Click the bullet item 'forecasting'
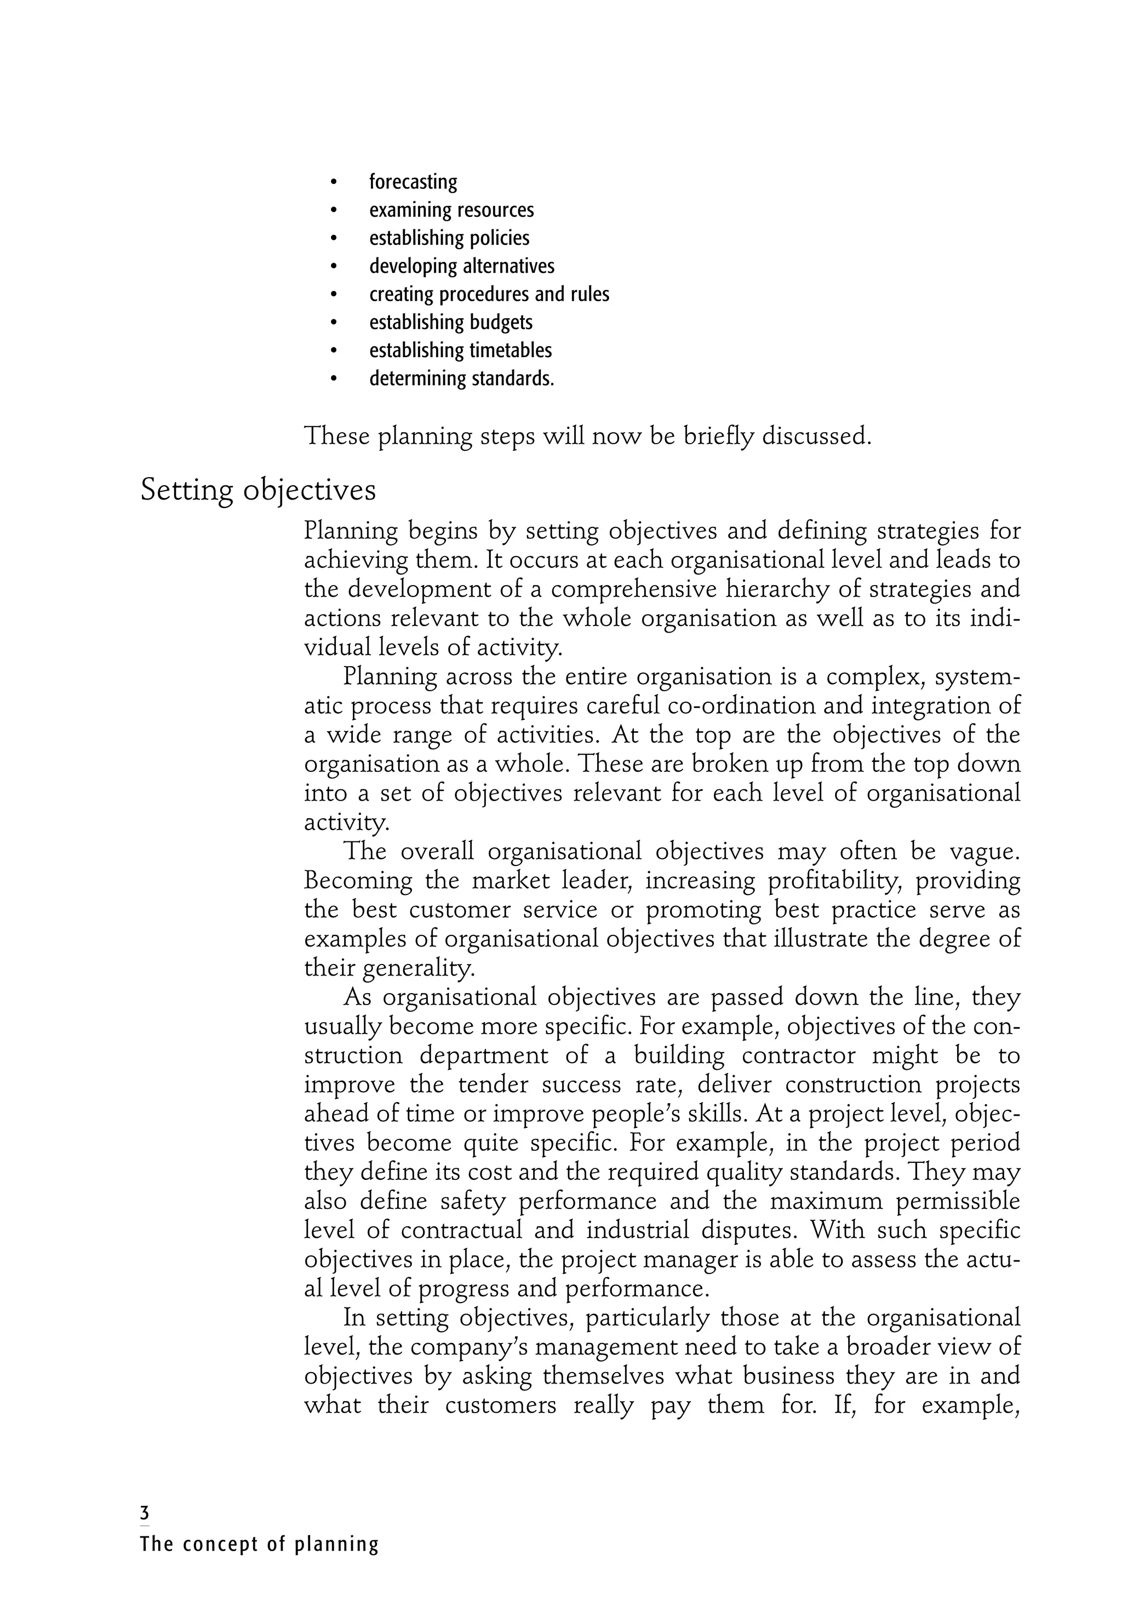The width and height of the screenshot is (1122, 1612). pos(413,182)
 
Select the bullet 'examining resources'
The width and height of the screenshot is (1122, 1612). pos(451,210)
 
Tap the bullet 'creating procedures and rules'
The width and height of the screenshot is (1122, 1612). pos(489,294)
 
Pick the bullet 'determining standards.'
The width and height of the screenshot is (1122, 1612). pos(461,378)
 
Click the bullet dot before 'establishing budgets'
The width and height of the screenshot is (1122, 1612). pos(334,323)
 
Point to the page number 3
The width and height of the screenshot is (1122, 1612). pos(145,1512)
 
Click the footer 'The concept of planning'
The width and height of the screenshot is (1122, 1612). pos(259,1544)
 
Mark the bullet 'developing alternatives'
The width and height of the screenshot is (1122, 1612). pos(461,266)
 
